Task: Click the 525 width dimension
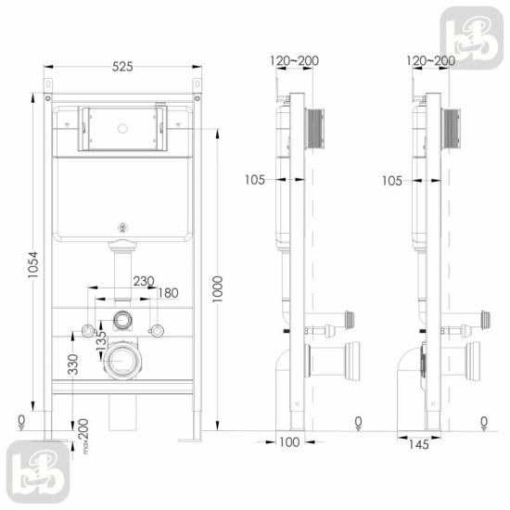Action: tap(122, 67)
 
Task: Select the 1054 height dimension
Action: tap(32, 264)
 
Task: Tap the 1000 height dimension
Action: tap(217, 289)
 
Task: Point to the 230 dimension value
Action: tap(144, 281)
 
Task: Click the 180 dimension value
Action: tap(168, 293)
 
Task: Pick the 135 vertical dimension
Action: tap(101, 340)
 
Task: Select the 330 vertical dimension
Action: tap(73, 364)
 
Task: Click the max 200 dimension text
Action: tap(83, 436)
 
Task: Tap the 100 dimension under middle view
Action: tap(289, 442)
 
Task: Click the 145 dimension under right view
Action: tap(419, 444)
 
